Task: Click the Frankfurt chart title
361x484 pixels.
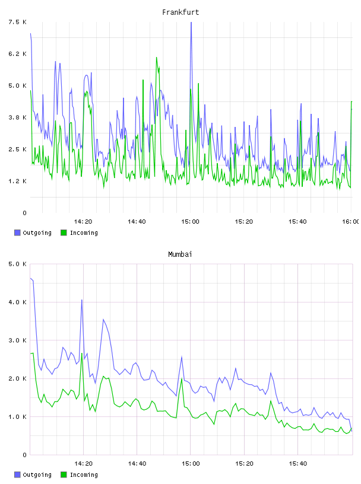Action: tap(180, 12)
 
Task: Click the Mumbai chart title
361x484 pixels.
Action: tap(180, 254)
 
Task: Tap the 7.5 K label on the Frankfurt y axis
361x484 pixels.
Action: tap(18, 22)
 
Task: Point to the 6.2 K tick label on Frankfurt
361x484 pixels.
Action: tap(18, 54)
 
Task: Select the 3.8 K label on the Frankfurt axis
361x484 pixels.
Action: tap(18, 117)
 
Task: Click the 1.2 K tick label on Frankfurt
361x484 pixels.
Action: tap(18, 181)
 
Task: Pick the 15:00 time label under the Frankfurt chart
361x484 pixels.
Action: tap(190, 222)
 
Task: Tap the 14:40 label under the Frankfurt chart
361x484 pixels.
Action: tap(137, 222)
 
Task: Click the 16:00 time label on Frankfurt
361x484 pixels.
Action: tap(351, 222)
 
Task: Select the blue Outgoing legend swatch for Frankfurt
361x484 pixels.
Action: tap(17, 233)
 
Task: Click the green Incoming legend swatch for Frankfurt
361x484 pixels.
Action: tap(64, 233)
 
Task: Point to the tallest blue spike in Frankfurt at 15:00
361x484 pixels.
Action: tap(191, 22)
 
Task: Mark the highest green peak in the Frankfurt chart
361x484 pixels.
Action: tap(157, 58)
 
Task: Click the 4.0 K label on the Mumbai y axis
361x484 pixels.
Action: tap(18, 302)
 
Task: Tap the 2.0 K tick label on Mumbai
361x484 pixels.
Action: tap(18, 378)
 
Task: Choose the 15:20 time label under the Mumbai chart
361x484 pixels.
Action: tap(244, 464)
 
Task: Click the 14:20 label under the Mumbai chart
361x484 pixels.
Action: tap(83, 464)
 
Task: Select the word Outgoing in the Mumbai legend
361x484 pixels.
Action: tap(37, 475)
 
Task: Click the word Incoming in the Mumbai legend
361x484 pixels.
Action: tap(84, 475)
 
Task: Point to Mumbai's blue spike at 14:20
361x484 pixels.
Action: tap(82, 300)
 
